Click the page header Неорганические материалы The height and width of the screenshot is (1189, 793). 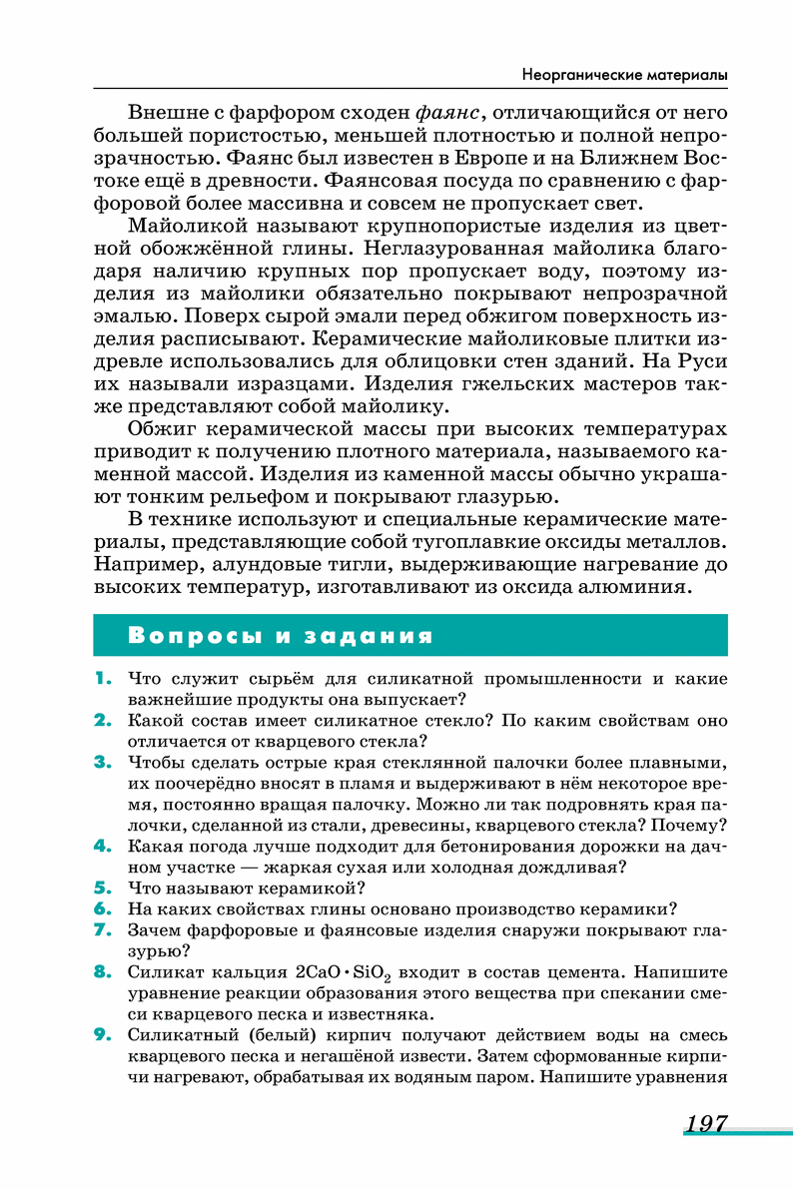pos(624,76)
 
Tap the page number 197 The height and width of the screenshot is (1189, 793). pos(706,1124)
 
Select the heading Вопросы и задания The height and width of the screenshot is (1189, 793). pos(281,636)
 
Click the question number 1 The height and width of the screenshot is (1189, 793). pos(101,679)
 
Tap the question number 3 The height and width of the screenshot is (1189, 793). pos(101,763)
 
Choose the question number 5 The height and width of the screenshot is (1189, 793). pos(101,887)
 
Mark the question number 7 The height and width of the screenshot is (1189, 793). pos(101,930)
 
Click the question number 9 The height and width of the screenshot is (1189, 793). pos(101,1034)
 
